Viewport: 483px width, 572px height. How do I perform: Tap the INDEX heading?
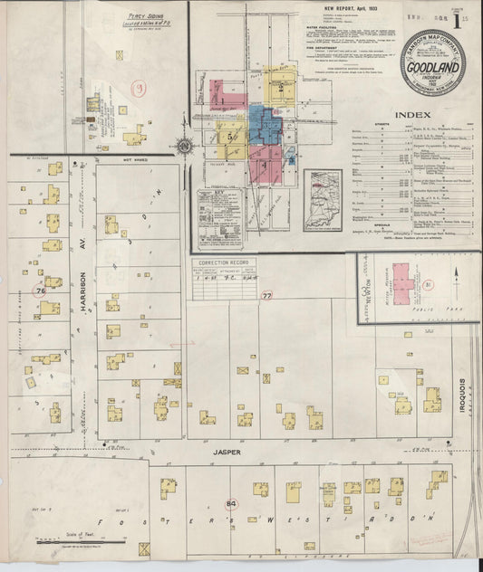[x=413, y=115]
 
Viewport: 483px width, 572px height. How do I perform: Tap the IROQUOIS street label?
[x=461, y=396]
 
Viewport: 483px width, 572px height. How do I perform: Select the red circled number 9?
[x=139, y=88]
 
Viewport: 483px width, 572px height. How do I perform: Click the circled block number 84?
[x=231, y=503]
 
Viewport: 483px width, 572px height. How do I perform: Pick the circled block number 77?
[x=266, y=295]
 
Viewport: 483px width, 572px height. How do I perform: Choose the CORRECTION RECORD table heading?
[x=224, y=263]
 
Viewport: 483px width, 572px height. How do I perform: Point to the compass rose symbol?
[x=185, y=146]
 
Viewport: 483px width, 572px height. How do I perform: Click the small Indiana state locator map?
[x=323, y=200]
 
